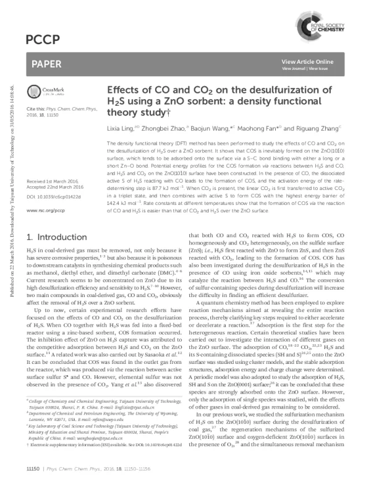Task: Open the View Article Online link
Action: coord(307,63)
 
